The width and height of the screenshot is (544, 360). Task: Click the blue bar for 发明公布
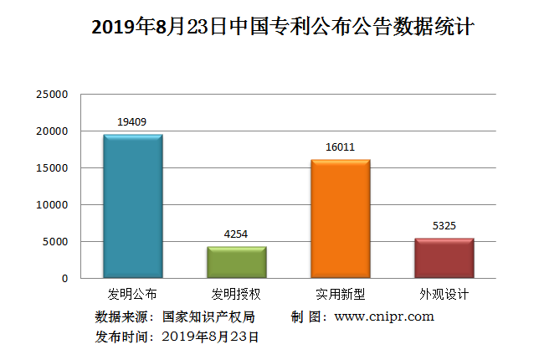(x=132, y=206)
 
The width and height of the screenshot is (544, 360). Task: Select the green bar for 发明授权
(x=236, y=262)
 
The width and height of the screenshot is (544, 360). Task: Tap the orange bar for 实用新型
(x=340, y=219)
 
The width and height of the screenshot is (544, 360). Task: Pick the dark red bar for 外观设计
(x=444, y=258)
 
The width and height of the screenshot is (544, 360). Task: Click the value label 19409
(x=132, y=122)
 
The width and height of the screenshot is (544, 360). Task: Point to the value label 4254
(x=236, y=234)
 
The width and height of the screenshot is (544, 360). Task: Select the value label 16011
(x=340, y=147)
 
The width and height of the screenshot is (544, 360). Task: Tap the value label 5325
(x=444, y=226)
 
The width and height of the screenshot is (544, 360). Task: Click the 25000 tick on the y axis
(x=52, y=95)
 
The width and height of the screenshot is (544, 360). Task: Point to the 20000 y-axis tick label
(x=52, y=131)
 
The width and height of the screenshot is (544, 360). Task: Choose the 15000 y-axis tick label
(x=52, y=168)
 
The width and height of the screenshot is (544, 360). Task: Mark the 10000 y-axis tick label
(x=52, y=205)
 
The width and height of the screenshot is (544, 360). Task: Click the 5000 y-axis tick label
(x=55, y=242)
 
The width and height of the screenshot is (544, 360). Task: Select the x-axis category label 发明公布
(x=132, y=294)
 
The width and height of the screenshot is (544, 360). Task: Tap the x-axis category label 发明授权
(x=236, y=294)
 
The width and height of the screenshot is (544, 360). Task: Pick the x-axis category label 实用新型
(x=340, y=294)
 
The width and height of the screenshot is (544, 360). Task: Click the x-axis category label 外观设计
(x=444, y=294)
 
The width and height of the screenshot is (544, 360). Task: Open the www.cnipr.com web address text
(x=384, y=316)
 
